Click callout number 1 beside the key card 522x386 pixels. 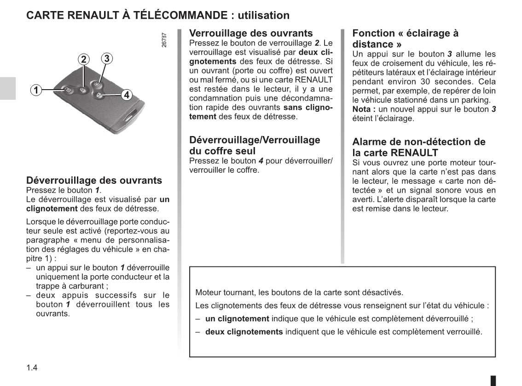[35, 90]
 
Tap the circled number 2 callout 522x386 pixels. [83, 59]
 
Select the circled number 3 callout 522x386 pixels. [106, 58]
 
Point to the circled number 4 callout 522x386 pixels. [127, 95]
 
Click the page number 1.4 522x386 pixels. [32, 368]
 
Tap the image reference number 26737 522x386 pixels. [165, 40]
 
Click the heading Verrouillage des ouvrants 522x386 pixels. [251, 33]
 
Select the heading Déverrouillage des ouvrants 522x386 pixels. [94, 180]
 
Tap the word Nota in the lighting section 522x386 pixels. [362, 109]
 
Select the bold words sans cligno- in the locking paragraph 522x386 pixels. [308, 108]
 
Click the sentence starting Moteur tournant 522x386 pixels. [299, 292]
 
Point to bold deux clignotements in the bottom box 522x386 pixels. [244, 332]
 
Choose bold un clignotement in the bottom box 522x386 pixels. [237, 318]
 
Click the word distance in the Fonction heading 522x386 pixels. [372, 44]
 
